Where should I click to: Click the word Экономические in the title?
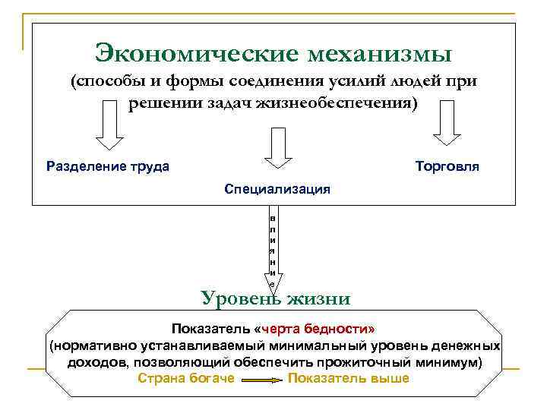point(193,53)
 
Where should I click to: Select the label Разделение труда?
point(108,166)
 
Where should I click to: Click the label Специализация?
point(277,188)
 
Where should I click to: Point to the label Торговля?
point(447,166)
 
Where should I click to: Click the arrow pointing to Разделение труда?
point(111,127)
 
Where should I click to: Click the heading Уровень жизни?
point(276,298)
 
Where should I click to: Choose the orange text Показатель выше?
point(349,378)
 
